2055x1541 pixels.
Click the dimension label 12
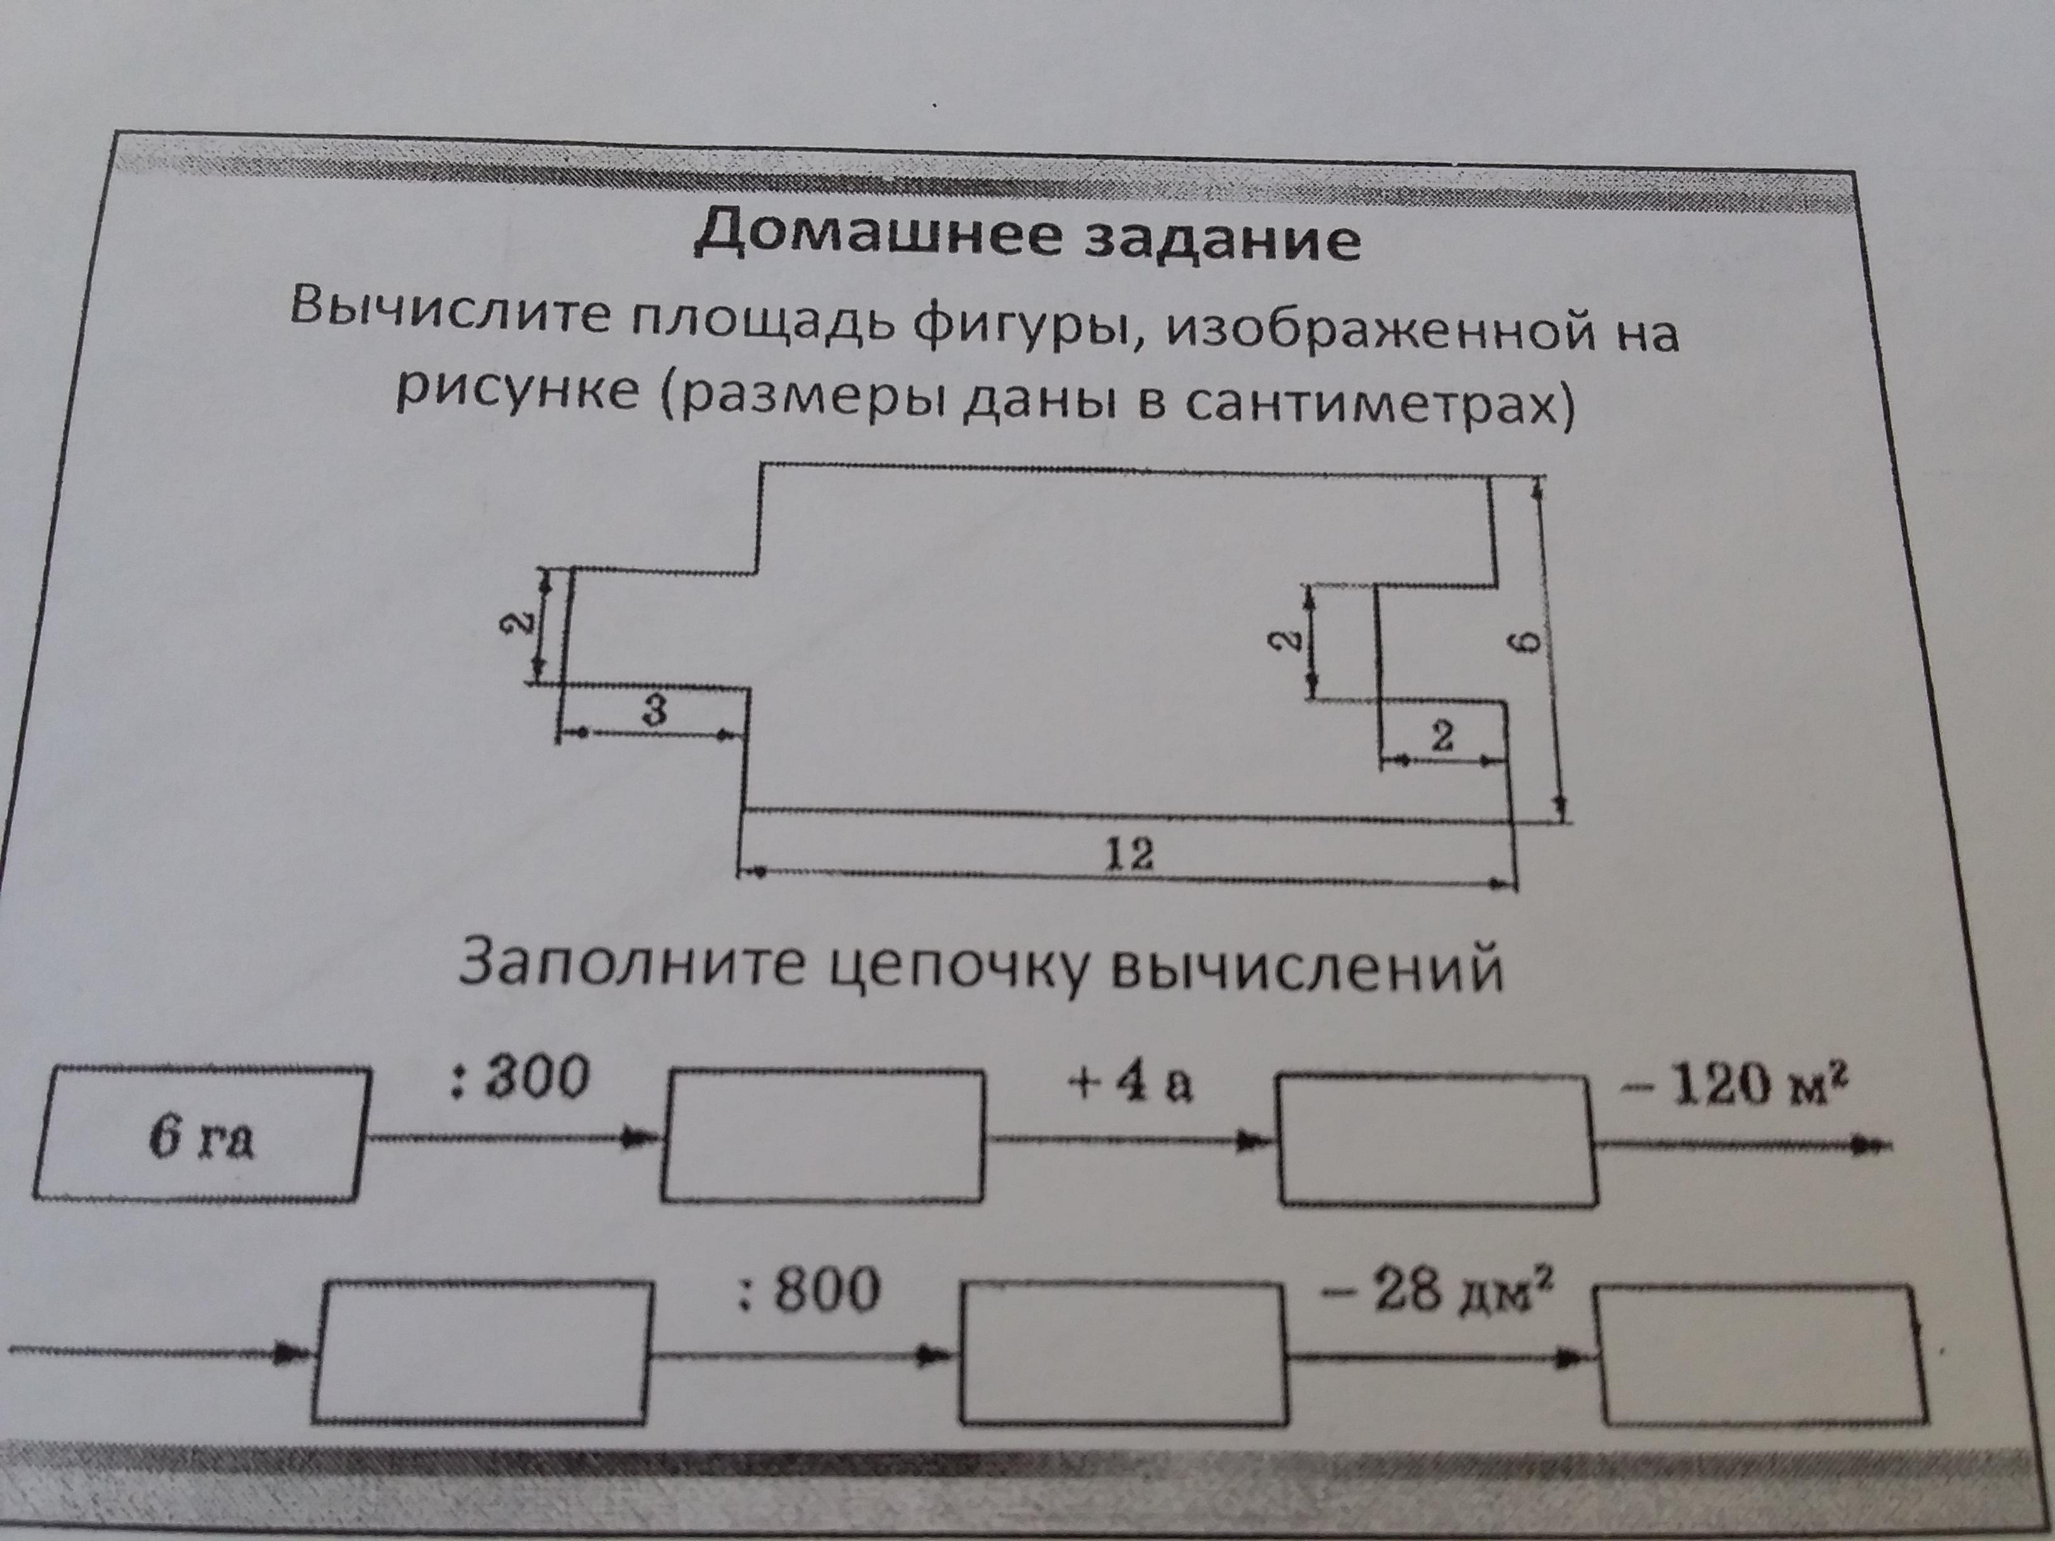pyautogui.click(x=1129, y=853)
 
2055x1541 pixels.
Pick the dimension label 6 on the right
pyautogui.click(x=1534, y=641)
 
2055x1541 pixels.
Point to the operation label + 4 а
pyautogui.click(x=1131, y=1084)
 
